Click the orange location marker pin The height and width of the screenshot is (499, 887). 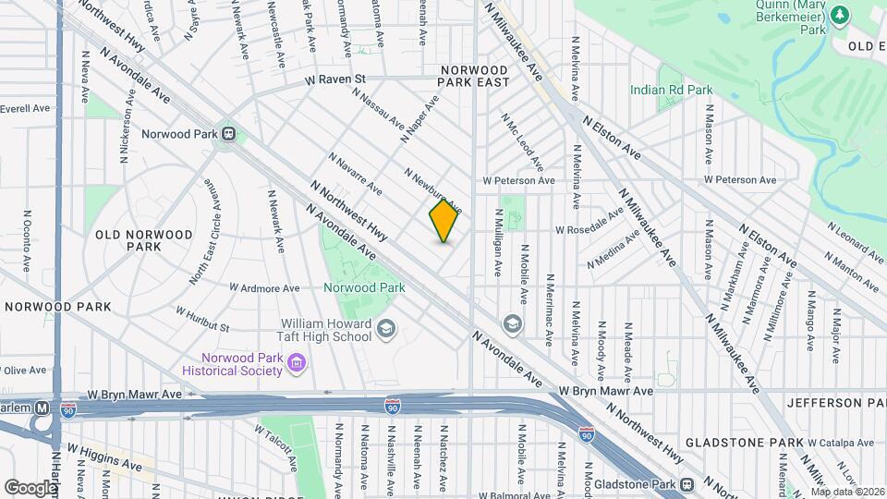coord(443,221)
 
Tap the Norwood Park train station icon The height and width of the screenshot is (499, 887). coord(229,134)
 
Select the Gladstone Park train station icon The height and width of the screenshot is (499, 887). coord(687,485)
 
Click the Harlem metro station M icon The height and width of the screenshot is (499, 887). coord(43,408)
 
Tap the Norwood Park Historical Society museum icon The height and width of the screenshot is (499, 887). coord(295,364)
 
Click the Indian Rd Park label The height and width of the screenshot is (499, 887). coord(671,91)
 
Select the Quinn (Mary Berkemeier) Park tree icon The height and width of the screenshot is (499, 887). coord(839,15)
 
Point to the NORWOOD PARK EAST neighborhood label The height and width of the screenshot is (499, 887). coord(474,76)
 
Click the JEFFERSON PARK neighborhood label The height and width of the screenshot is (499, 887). coord(835,403)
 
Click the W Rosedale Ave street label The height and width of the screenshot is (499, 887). coord(589,228)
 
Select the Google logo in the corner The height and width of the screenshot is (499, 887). coord(30,487)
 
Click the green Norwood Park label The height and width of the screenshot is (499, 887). coord(364,287)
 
